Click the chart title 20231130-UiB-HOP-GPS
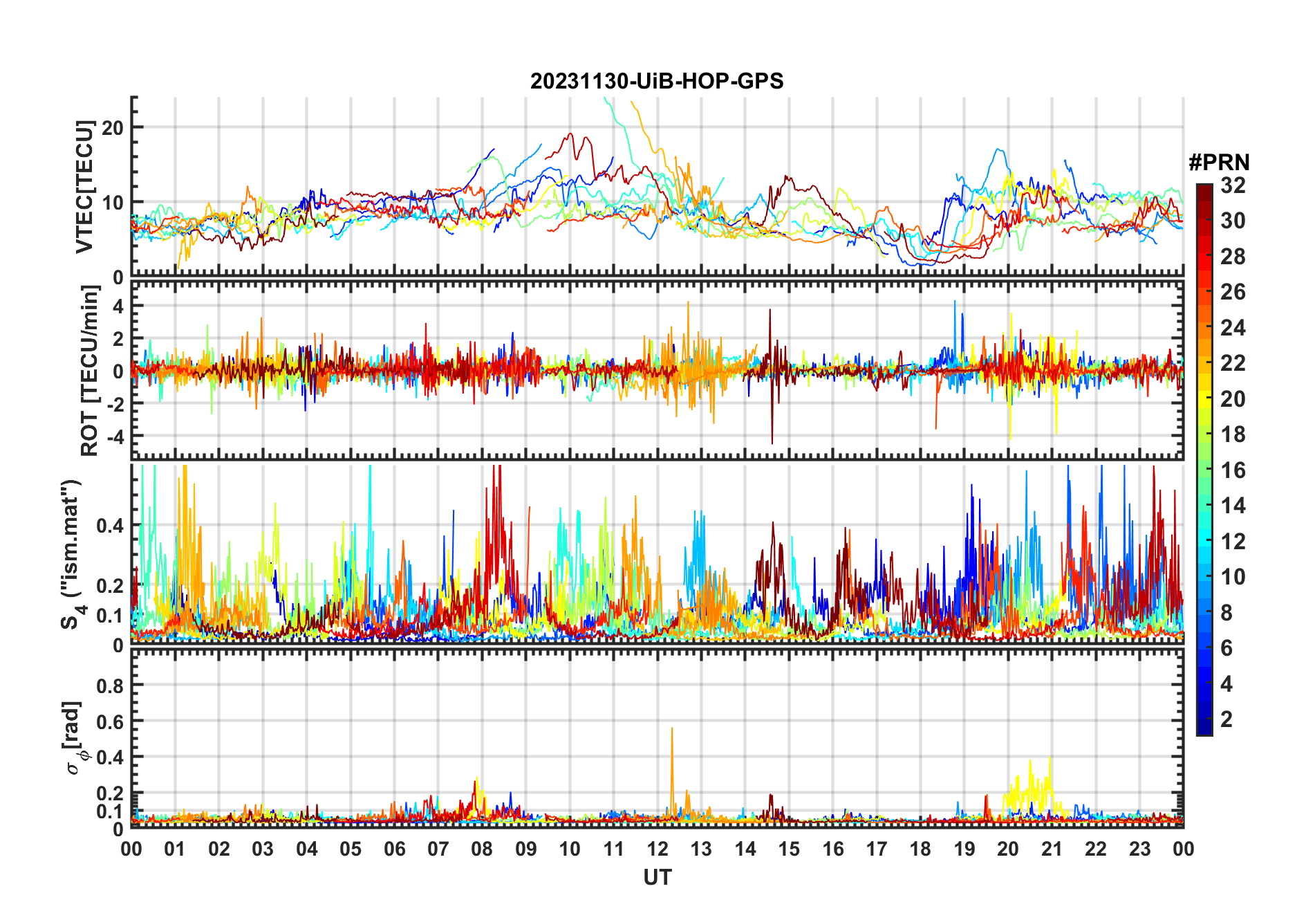pos(657,81)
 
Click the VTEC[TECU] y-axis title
pos(84,187)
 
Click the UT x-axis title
pos(657,878)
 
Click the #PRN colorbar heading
pos(1219,163)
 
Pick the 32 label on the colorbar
pos(1233,185)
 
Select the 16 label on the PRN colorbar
pos(1233,470)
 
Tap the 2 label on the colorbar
pos(1227,719)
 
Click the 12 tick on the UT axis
pos(657,849)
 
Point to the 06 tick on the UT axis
pos(395,849)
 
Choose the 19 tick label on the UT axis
pos(964,849)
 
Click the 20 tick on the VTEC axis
pos(113,127)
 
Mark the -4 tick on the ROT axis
pos(113,436)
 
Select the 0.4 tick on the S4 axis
pos(110,526)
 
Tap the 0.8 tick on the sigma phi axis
pos(110,686)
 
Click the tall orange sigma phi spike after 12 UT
pos(672,730)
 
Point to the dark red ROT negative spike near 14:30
pos(772,440)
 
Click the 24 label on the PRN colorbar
pos(1233,328)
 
